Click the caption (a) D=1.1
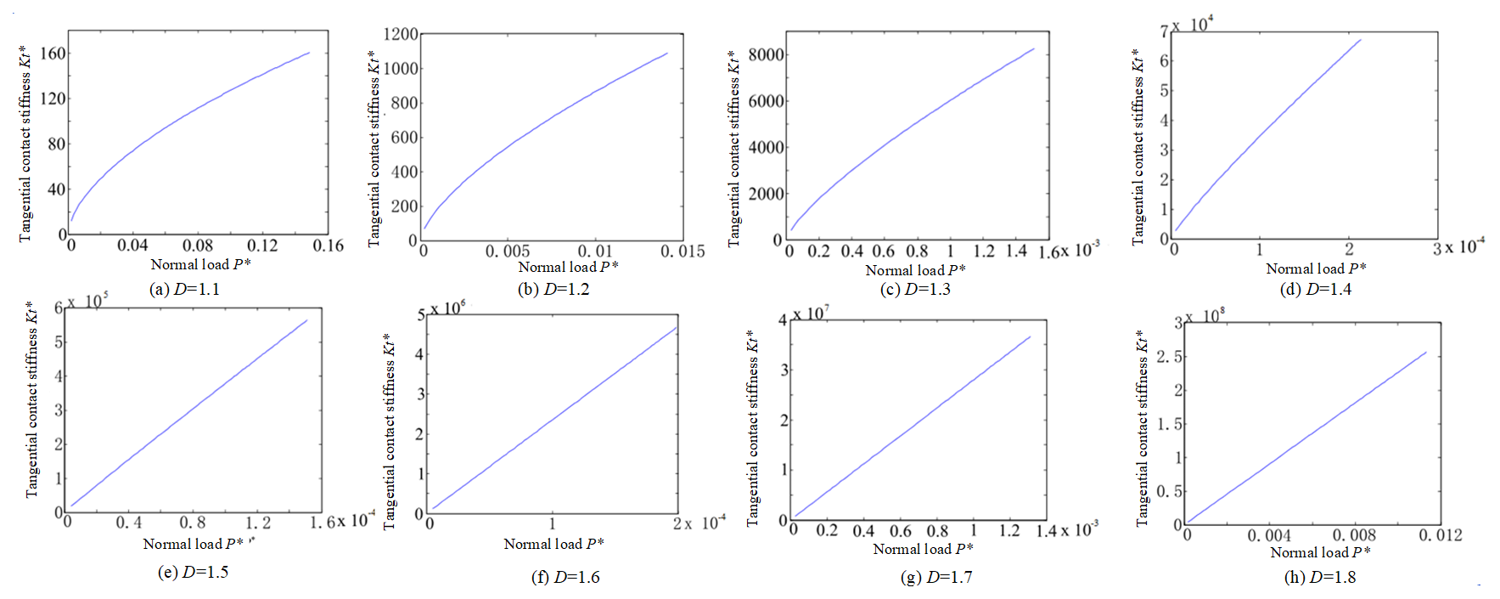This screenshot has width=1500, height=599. click(184, 290)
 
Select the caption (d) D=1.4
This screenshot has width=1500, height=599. click(1315, 290)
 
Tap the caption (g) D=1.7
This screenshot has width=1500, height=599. click(935, 578)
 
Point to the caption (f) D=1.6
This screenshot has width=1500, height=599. click(565, 578)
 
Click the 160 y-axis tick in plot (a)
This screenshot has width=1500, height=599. click(53, 54)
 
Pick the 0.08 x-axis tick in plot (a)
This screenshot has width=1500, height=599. click(198, 246)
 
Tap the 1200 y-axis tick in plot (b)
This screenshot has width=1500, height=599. click(401, 34)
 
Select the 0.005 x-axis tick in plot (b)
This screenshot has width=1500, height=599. click(508, 251)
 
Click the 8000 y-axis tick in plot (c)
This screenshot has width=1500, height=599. click(766, 54)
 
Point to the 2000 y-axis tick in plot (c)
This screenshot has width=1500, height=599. click(766, 194)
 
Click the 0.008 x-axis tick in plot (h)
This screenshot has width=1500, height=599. click(1354, 535)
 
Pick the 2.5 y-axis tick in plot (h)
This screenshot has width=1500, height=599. click(1169, 356)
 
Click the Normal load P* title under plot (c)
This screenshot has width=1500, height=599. click(915, 270)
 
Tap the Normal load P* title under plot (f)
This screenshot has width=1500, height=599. click(553, 544)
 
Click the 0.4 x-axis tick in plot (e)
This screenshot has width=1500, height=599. click(129, 523)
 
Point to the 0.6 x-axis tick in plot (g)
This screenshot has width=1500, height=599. click(900, 531)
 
